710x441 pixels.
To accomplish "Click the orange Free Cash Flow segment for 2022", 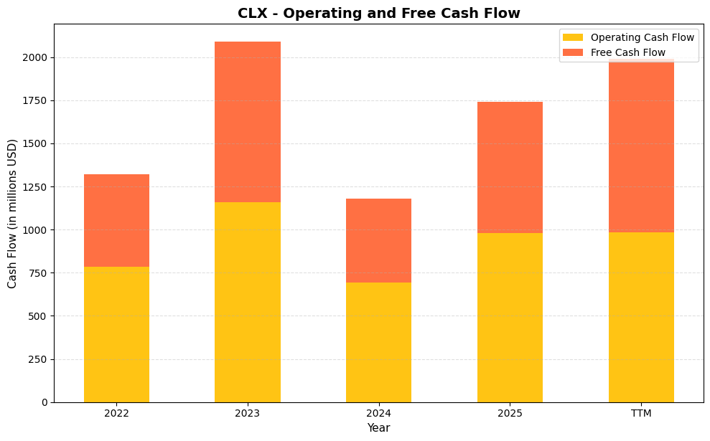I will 116,220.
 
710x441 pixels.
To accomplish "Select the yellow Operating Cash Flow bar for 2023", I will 248,302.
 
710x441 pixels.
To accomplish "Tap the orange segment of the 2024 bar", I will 378,240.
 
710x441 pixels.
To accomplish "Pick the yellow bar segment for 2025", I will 510,317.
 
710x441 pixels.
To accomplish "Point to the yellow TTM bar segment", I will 641,317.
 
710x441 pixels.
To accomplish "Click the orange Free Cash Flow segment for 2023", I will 248,122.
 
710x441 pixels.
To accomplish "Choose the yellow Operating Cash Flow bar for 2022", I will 116,334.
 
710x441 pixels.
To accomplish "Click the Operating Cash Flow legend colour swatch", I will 573,37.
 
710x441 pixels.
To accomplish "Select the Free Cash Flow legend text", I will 627,52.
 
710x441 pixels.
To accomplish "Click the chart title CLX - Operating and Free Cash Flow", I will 378,13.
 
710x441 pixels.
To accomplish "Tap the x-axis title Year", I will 378,428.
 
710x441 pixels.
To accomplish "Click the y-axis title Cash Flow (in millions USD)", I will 12,213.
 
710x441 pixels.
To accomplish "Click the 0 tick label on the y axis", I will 45,402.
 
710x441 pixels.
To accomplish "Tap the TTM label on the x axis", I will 641,413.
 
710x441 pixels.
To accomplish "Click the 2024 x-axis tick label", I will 378,413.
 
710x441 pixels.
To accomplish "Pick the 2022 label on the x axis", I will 116,413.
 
